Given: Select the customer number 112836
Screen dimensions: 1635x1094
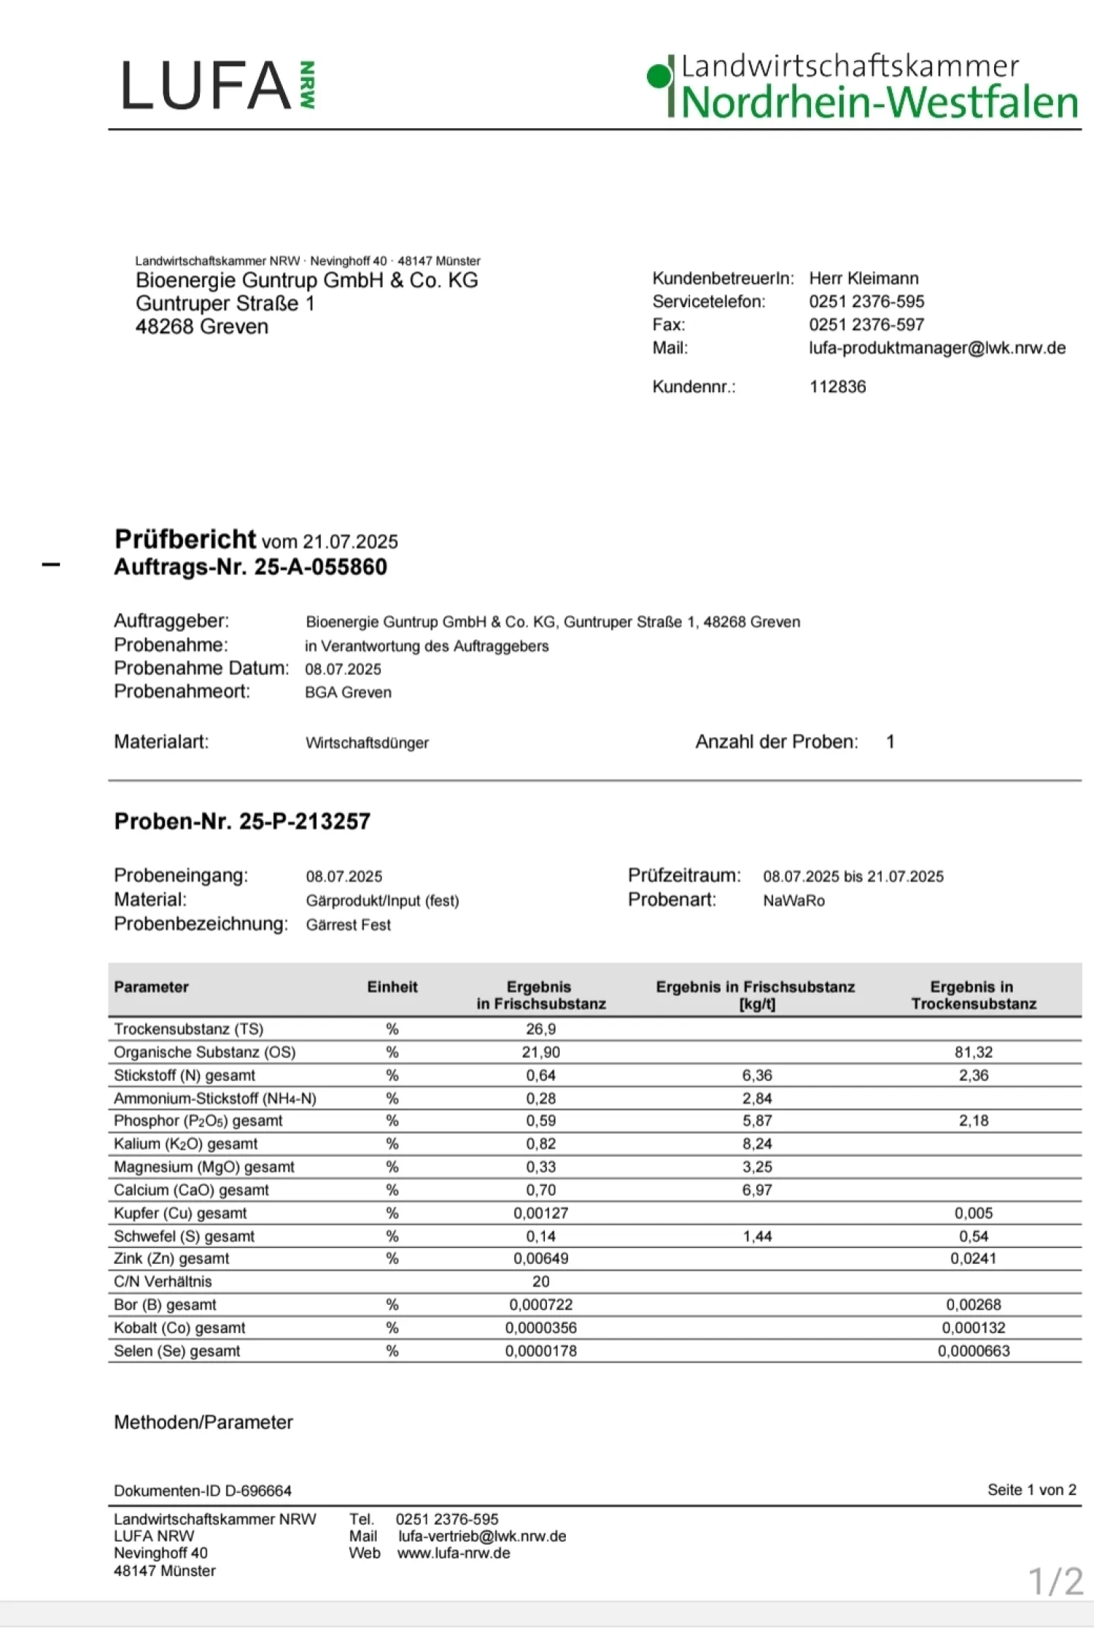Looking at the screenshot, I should [837, 387].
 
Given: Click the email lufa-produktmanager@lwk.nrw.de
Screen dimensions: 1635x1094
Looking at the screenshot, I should [937, 348].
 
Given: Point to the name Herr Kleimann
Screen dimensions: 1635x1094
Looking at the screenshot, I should [864, 278].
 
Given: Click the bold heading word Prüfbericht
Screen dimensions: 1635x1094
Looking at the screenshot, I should [185, 539].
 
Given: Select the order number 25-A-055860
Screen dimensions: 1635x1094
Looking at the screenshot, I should [320, 567].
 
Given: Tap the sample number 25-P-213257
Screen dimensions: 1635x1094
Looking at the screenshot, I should [305, 822].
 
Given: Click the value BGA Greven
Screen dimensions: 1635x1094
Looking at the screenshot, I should [348, 692].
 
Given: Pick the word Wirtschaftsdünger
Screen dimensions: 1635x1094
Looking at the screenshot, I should [367, 743].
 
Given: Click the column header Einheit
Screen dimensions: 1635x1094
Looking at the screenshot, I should [392, 987].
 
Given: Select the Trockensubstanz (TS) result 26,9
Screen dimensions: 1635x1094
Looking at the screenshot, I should [540, 1029].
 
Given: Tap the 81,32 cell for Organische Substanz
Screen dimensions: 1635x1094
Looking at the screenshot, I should [974, 1052].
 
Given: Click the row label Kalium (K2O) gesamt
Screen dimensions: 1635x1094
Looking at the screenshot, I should [185, 1144].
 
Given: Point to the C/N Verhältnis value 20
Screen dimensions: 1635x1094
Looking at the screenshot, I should [540, 1281].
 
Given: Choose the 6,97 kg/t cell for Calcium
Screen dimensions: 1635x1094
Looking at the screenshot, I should [757, 1190].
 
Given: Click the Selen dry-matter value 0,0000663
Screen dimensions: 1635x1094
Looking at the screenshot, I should [974, 1351].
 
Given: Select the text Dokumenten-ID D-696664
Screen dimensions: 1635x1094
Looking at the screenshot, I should [203, 1491].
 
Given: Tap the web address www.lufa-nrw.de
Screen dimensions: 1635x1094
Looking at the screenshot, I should [454, 1553].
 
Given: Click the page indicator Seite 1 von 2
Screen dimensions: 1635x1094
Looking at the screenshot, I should [1031, 1490].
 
